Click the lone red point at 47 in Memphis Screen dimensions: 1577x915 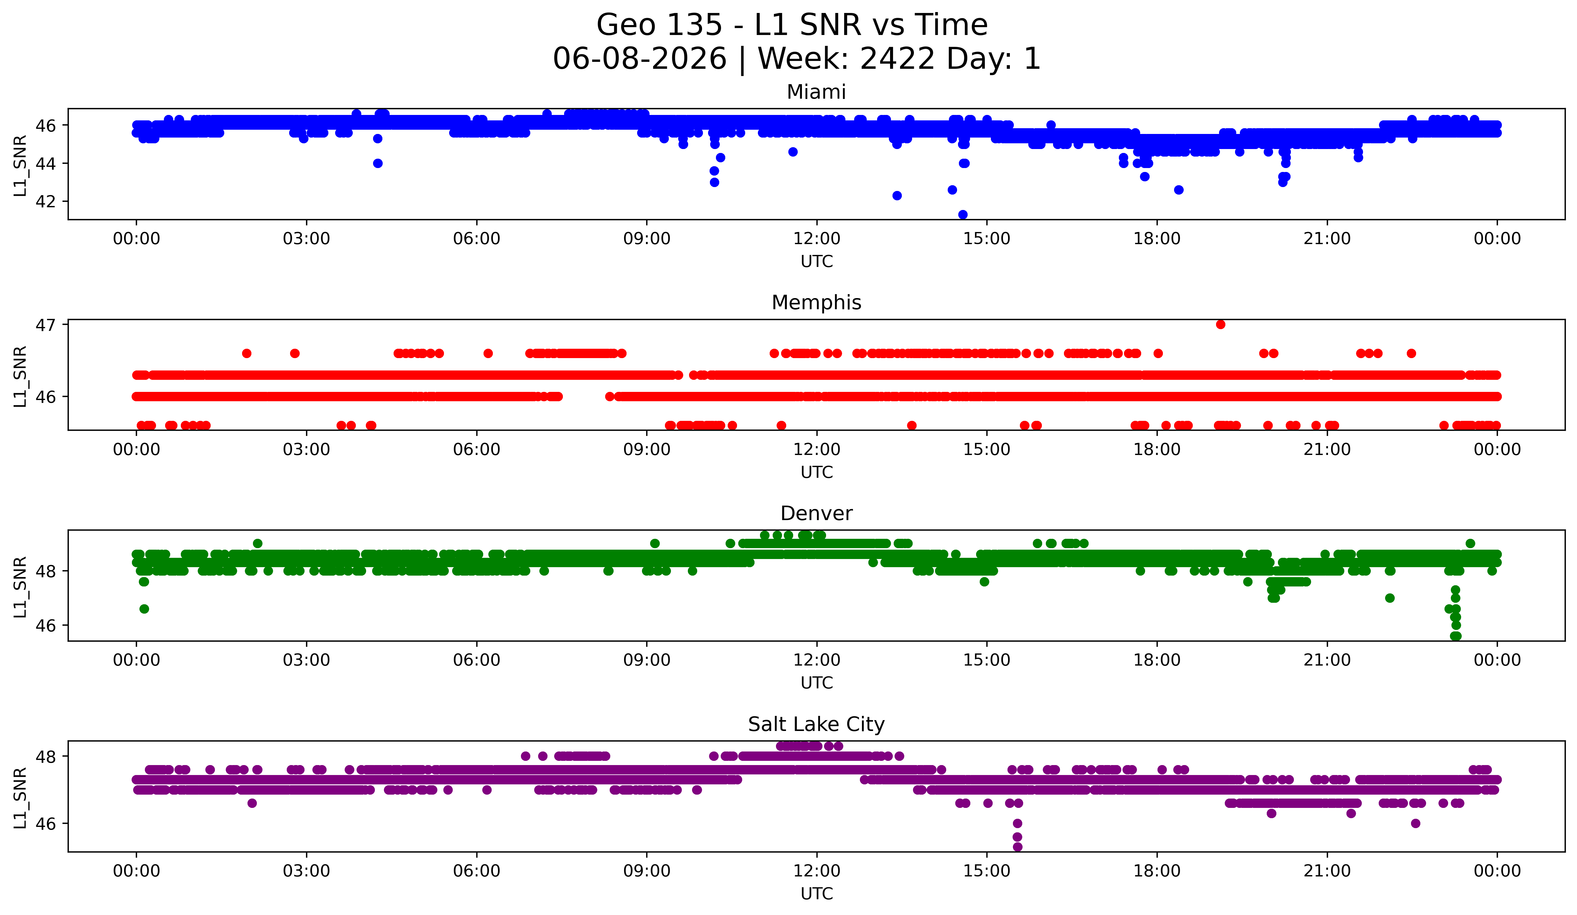tap(1220, 324)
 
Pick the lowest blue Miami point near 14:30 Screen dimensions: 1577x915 tap(962, 214)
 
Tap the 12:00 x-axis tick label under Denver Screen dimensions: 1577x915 tap(817, 660)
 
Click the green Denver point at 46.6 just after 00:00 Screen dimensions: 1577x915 tap(144, 608)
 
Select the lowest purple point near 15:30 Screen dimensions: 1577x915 tap(1017, 847)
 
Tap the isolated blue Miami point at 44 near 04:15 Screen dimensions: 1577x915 tap(377, 163)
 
